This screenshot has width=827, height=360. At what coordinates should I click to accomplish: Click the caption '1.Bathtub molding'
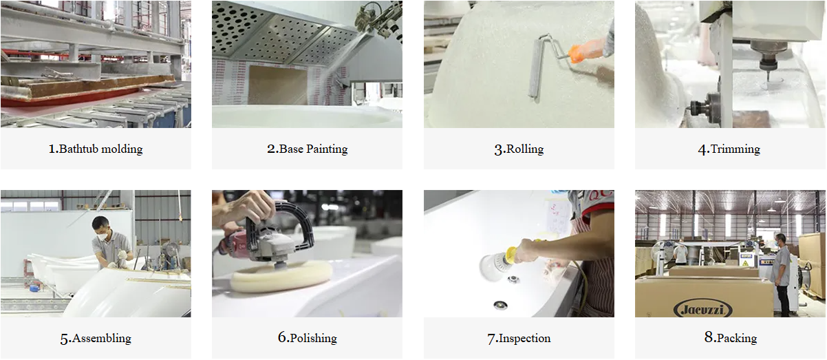click(96, 149)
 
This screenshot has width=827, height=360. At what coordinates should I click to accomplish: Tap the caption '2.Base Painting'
click(307, 149)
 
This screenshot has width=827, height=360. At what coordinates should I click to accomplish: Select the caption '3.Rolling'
click(519, 149)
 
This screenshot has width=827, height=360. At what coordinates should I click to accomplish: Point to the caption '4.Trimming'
click(729, 149)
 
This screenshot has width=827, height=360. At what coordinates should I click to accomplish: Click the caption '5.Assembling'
click(96, 338)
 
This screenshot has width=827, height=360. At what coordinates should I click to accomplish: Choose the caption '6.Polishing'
click(307, 337)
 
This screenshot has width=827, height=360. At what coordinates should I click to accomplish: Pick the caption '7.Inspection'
click(519, 338)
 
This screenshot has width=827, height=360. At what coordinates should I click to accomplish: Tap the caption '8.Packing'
click(730, 337)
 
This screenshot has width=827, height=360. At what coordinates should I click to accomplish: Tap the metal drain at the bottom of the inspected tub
click(500, 305)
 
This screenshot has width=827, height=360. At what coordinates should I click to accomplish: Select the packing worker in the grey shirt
click(781, 273)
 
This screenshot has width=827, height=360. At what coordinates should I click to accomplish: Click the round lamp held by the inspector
click(492, 265)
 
